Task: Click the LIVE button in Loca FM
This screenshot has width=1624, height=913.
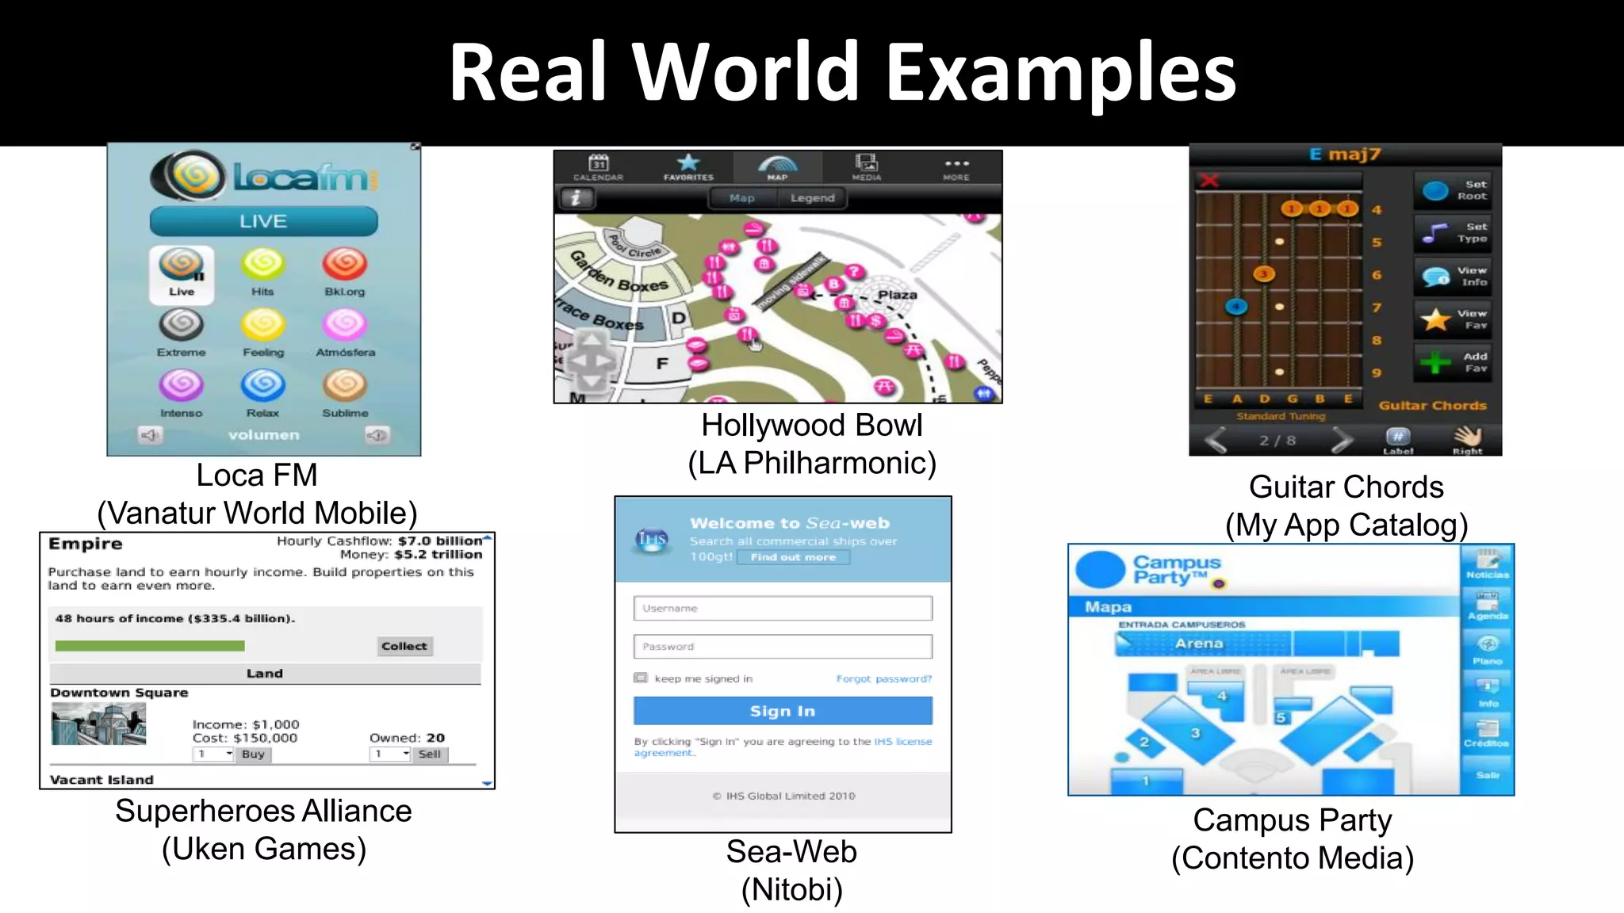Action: pos(263,221)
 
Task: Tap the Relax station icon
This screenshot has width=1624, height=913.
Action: pos(262,386)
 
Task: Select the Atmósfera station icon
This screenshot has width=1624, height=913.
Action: pos(345,325)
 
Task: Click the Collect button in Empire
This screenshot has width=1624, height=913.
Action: pos(404,646)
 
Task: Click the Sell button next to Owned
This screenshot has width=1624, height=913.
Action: pos(429,754)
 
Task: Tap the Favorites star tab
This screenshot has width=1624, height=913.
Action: pos(688,166)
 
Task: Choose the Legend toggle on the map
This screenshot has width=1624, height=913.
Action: pos(812,198)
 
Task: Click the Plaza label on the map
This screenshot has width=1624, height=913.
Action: pos(897,295)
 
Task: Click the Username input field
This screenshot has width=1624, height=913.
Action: pos(783,608)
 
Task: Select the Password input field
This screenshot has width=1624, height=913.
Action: pos(783,647)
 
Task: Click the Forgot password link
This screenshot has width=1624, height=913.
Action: pos(883,678)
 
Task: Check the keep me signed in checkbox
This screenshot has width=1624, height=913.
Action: pos(641,678)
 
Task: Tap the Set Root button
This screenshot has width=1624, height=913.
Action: pos(1453,190)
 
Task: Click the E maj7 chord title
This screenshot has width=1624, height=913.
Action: pos(1345,154)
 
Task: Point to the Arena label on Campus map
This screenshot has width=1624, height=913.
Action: pos(1199,644)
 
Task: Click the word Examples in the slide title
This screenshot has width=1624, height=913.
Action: pos(1060,73)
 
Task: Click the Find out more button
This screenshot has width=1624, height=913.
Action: pos(793,557)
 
